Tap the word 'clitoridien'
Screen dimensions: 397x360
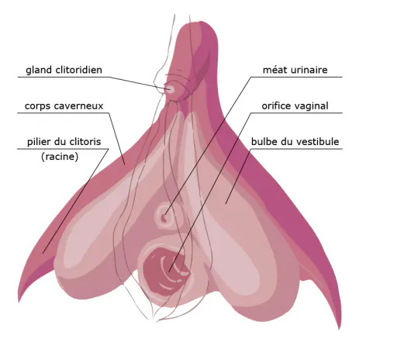[79, 70]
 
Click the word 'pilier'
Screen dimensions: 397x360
[38, 142]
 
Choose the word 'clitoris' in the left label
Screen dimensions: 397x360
[85, 142]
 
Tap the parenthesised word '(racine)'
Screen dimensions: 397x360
[60, 157]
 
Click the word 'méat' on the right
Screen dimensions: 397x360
[275, 70]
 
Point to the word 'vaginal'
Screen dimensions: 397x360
[310, 106]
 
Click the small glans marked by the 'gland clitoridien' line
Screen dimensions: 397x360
[170, 89]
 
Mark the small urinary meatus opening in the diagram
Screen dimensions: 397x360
[164, 218]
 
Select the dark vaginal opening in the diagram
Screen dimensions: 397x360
[165, 272]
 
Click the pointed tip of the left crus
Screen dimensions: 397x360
[19, 302]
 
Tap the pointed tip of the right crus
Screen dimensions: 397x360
[339, 329]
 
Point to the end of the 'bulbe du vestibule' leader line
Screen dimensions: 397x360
[226, 204]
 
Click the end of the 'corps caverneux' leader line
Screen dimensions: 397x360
[125, 164]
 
